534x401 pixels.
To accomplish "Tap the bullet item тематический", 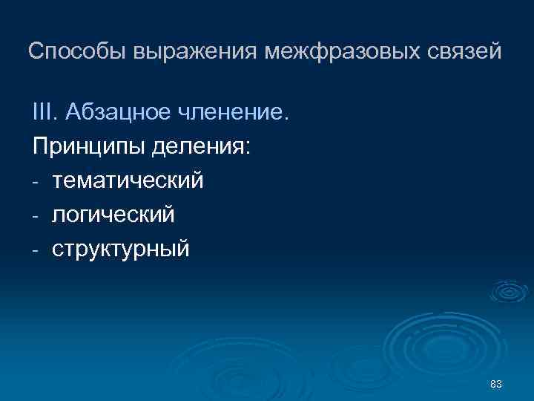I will point(127,180).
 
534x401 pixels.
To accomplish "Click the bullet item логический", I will point(113,215).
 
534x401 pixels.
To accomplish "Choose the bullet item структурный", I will point(120,249).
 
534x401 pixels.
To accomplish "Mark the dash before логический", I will point(36,216).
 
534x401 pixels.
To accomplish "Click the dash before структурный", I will point(36,250).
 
